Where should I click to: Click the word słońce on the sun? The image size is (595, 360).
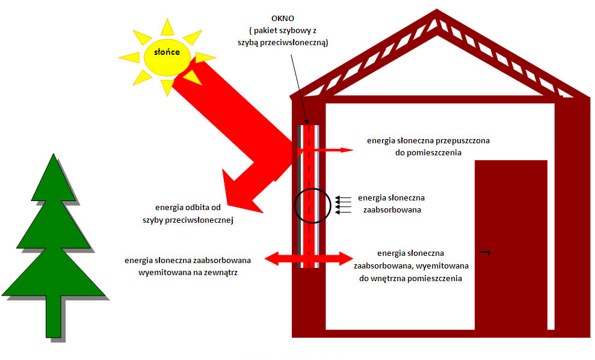(x=167, y=52)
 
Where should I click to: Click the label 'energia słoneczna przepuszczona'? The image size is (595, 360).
(x=428, y=141)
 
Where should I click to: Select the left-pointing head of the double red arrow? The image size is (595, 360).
(x=274, y=259)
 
